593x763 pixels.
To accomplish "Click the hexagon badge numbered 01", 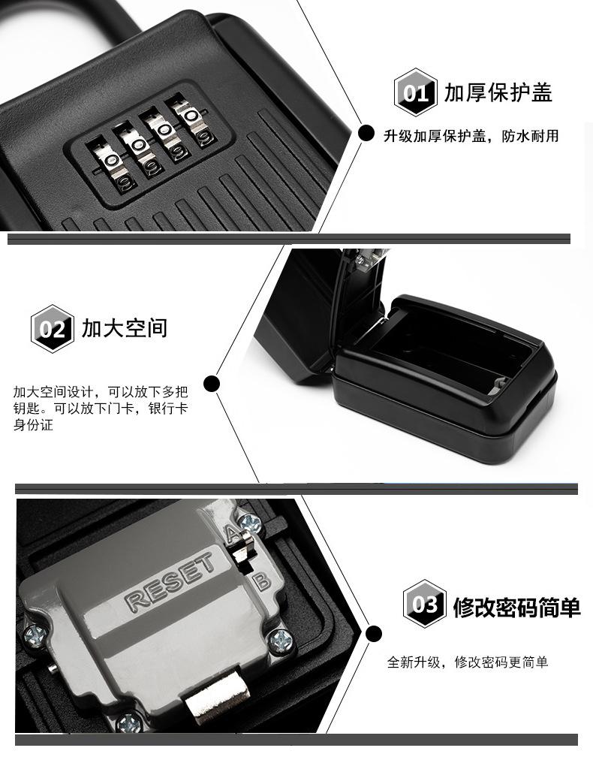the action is (x=415, y=92).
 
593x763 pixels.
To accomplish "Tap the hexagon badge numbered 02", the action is (x=52, y=328).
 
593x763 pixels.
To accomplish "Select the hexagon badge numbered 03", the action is (x=425, y=604).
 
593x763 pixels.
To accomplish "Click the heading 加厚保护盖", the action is (x=498, y=92).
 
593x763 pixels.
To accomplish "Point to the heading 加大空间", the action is (x=125, y=328).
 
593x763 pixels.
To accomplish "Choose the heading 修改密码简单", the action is (x=516, y=608).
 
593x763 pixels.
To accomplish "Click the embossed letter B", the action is (x=262, y=581).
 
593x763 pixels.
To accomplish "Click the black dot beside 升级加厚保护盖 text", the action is (x=366, y=133).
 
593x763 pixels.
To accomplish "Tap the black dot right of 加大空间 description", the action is (x=211, y=384).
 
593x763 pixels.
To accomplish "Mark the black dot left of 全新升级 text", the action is (x=373, y=634).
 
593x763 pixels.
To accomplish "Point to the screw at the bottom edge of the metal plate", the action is (x=129, y=722).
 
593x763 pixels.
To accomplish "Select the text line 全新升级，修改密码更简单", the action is (x=468, y=662).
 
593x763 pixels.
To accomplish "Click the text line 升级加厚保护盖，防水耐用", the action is (x=471, y=136).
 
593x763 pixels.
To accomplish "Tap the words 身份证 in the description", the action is (x=33, y=425).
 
